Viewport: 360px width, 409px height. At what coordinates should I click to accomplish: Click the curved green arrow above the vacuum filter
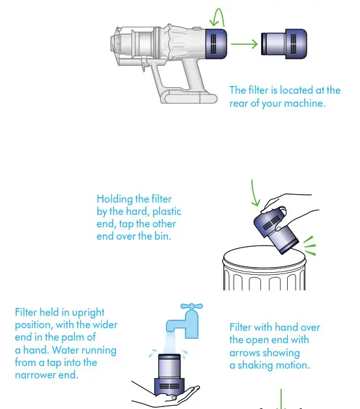pos(218,16)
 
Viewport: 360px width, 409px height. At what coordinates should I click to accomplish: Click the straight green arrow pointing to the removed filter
pos(244,44)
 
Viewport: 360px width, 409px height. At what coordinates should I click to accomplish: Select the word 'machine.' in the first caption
pos(303,104)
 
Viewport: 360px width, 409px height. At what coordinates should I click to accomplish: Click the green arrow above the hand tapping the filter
pos(255,192)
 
